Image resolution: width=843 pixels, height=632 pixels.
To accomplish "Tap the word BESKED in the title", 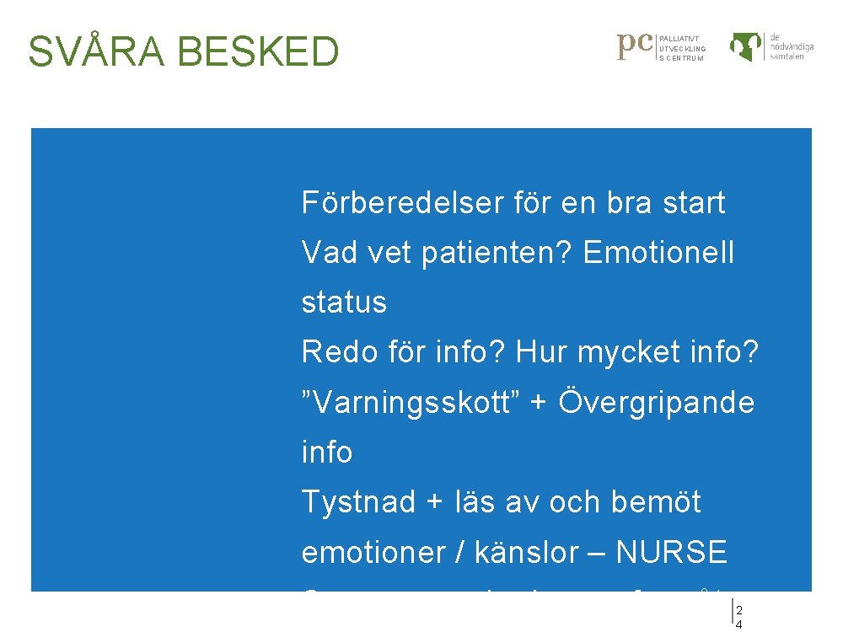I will tap(259, 51).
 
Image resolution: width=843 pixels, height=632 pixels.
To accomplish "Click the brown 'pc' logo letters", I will tap(636, 45).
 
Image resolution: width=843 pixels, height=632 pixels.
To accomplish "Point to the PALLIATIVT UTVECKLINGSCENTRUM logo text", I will tap(682, 49).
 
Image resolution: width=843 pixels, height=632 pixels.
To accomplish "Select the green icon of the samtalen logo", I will tap(747, 46).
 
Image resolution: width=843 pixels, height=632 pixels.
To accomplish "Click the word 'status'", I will tap(344, 303).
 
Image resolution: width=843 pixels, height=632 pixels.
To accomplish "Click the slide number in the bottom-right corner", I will tap(739, 616).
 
